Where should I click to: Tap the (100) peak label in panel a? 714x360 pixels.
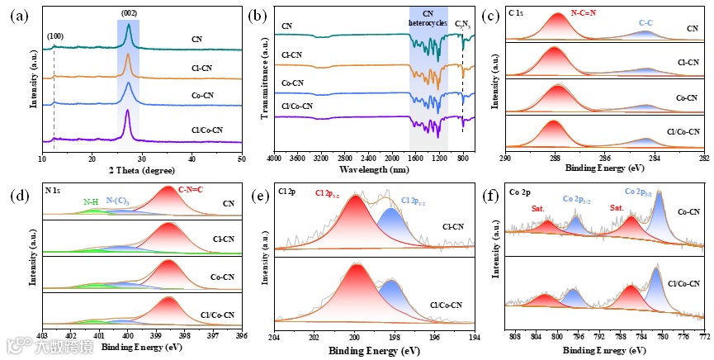[54, 35]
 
